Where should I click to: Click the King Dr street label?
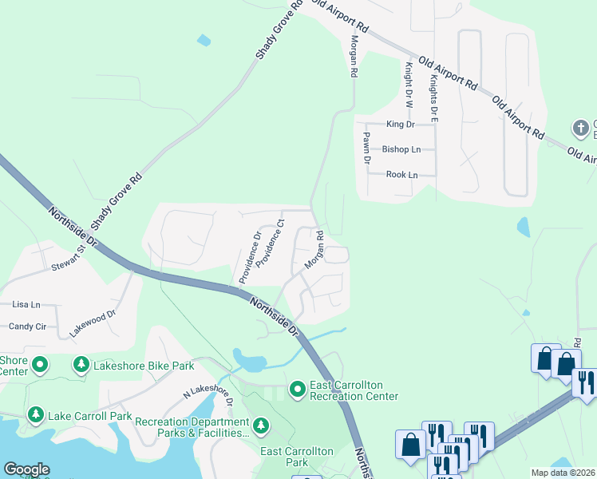(x=400, y=125)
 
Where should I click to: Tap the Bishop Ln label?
(x=401, y=149)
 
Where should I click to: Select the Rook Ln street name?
(x=401, y=174)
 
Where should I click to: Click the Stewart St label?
(x=68, y=258)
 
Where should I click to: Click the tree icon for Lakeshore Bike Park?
(x=81, y=366)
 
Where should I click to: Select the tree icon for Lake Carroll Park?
(x=35, y=415)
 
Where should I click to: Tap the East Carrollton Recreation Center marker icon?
(x=298, y=389)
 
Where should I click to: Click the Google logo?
(x=26, y=469)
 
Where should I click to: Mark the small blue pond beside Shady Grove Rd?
(x=204, y=40)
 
